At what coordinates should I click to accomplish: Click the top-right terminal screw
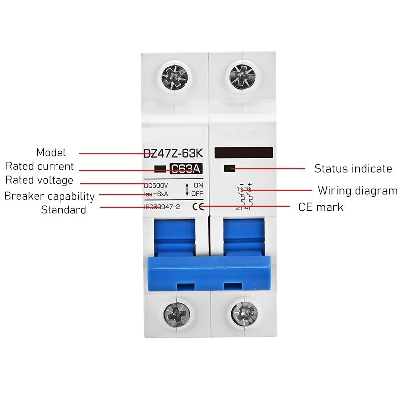(242, 78)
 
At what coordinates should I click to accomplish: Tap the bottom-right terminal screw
(244, 314)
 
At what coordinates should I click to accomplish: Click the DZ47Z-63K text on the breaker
(173, 153)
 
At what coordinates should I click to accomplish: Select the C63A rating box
(186, 169)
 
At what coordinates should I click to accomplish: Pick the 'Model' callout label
(51, 153)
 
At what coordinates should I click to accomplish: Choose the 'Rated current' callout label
(40, 166)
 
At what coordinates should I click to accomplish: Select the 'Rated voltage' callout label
(39, 180)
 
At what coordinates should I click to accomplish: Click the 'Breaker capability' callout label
(49, 196)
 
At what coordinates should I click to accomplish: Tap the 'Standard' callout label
(63, 210)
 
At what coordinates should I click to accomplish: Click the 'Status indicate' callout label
(353, 169)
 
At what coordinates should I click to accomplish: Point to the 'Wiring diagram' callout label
(357, 191)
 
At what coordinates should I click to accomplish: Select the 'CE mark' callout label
(321, 207)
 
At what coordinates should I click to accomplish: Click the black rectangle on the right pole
(243, 152)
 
